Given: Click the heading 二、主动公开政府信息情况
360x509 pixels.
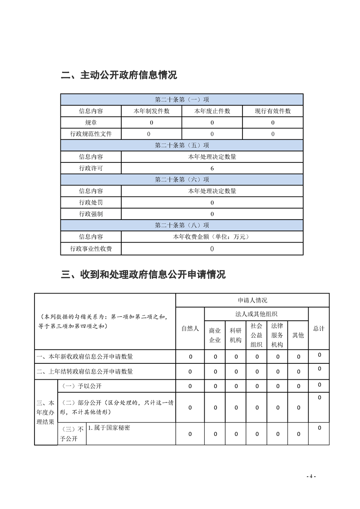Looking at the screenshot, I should (x=118, y=75).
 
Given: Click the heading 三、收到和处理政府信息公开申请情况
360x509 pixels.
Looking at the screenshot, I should (x=143, y=274).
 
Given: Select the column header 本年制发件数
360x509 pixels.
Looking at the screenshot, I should (x=151, y=111).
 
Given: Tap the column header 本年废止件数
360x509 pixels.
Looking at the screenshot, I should (x=212, y=111).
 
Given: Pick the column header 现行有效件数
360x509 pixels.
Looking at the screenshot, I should (x=272, y=111).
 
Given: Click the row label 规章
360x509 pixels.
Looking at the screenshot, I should (x=91, y=122).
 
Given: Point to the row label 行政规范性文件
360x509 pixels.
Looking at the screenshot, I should (x=91, y=134).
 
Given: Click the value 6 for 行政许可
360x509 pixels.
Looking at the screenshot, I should (x=212, y=168).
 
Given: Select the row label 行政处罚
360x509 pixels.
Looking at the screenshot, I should (x=91, y=202).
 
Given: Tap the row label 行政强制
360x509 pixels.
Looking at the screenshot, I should (x=91, y=214).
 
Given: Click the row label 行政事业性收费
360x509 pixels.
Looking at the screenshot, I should (x=91, y=249).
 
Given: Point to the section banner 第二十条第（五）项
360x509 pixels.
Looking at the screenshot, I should (x=182, y=145).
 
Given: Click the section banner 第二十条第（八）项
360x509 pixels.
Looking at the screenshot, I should (x=182, y=225).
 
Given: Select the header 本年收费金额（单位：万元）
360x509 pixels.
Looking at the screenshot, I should (x=212, y=236).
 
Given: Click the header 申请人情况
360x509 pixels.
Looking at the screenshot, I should (x=252, y=300).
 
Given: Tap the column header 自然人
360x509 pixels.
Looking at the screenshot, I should (x=190, y=328).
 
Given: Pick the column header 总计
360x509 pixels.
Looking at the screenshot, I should (x=319, y=328).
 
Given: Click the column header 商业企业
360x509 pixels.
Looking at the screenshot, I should (x=215, y=336).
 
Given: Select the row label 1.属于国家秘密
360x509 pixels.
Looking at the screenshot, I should (x=109, y=428).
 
